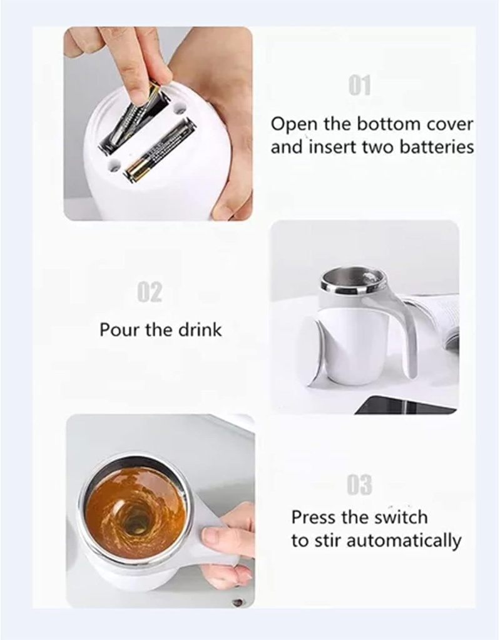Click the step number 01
[x=360, y=85]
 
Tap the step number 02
[x=149, y=292]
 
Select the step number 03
[x=359, y=484]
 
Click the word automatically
[x=403, y=540]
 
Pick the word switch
[x=401, y=518]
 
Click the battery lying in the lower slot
[x=160, y=149]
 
